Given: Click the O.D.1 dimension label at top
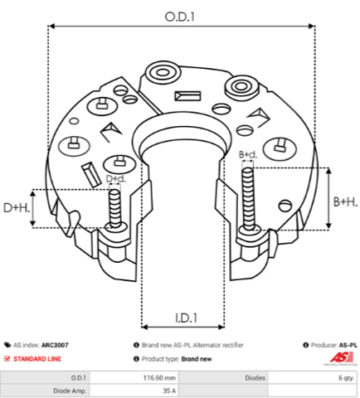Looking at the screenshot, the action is pyautogui.click(x=180, y=17).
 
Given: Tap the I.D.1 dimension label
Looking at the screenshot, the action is pyautogui.click(x=187, y=318).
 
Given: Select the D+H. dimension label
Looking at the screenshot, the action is pyautogui.click(x=17, y=208).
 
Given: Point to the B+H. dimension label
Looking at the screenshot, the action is pyautogui.click(x=345, y=202).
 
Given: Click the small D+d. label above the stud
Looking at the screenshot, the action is pyautogui.click(x=116, y=178).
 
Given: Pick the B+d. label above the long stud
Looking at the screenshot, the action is pyautogui.click(x=248, y=154).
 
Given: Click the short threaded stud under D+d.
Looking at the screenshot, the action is pyautogui.click(x=114, y=209).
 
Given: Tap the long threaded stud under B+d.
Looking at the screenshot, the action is pyautogui.click(x=248, y=199).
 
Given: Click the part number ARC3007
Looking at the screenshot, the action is pyautogui.click(x=55, y=345).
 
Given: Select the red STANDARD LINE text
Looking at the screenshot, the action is pyautogui.click(x=37, y=359).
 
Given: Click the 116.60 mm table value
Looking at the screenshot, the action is pyautogui.click(x=159, y=378).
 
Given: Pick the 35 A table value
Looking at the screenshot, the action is pyautogui.click(x=169, y=391).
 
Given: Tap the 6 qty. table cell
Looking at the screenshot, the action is pyautogui.click(x=346, y=378).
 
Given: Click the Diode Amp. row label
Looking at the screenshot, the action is pyautogui.click(x=70, y=391).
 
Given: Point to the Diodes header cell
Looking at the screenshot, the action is pyautogui.click(x=255, y=378).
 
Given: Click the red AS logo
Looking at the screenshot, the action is pyautogui.click(x=342, y=357).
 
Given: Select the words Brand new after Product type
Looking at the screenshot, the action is pyautogui.click(x=197, y=359).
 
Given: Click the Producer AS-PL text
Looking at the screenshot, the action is pyautogui.click(x=334, y=345).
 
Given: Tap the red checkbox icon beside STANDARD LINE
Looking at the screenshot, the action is pyautogui.click(x=7, y=359).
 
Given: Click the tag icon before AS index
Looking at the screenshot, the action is pyautogui.click(x=7, y=345).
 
